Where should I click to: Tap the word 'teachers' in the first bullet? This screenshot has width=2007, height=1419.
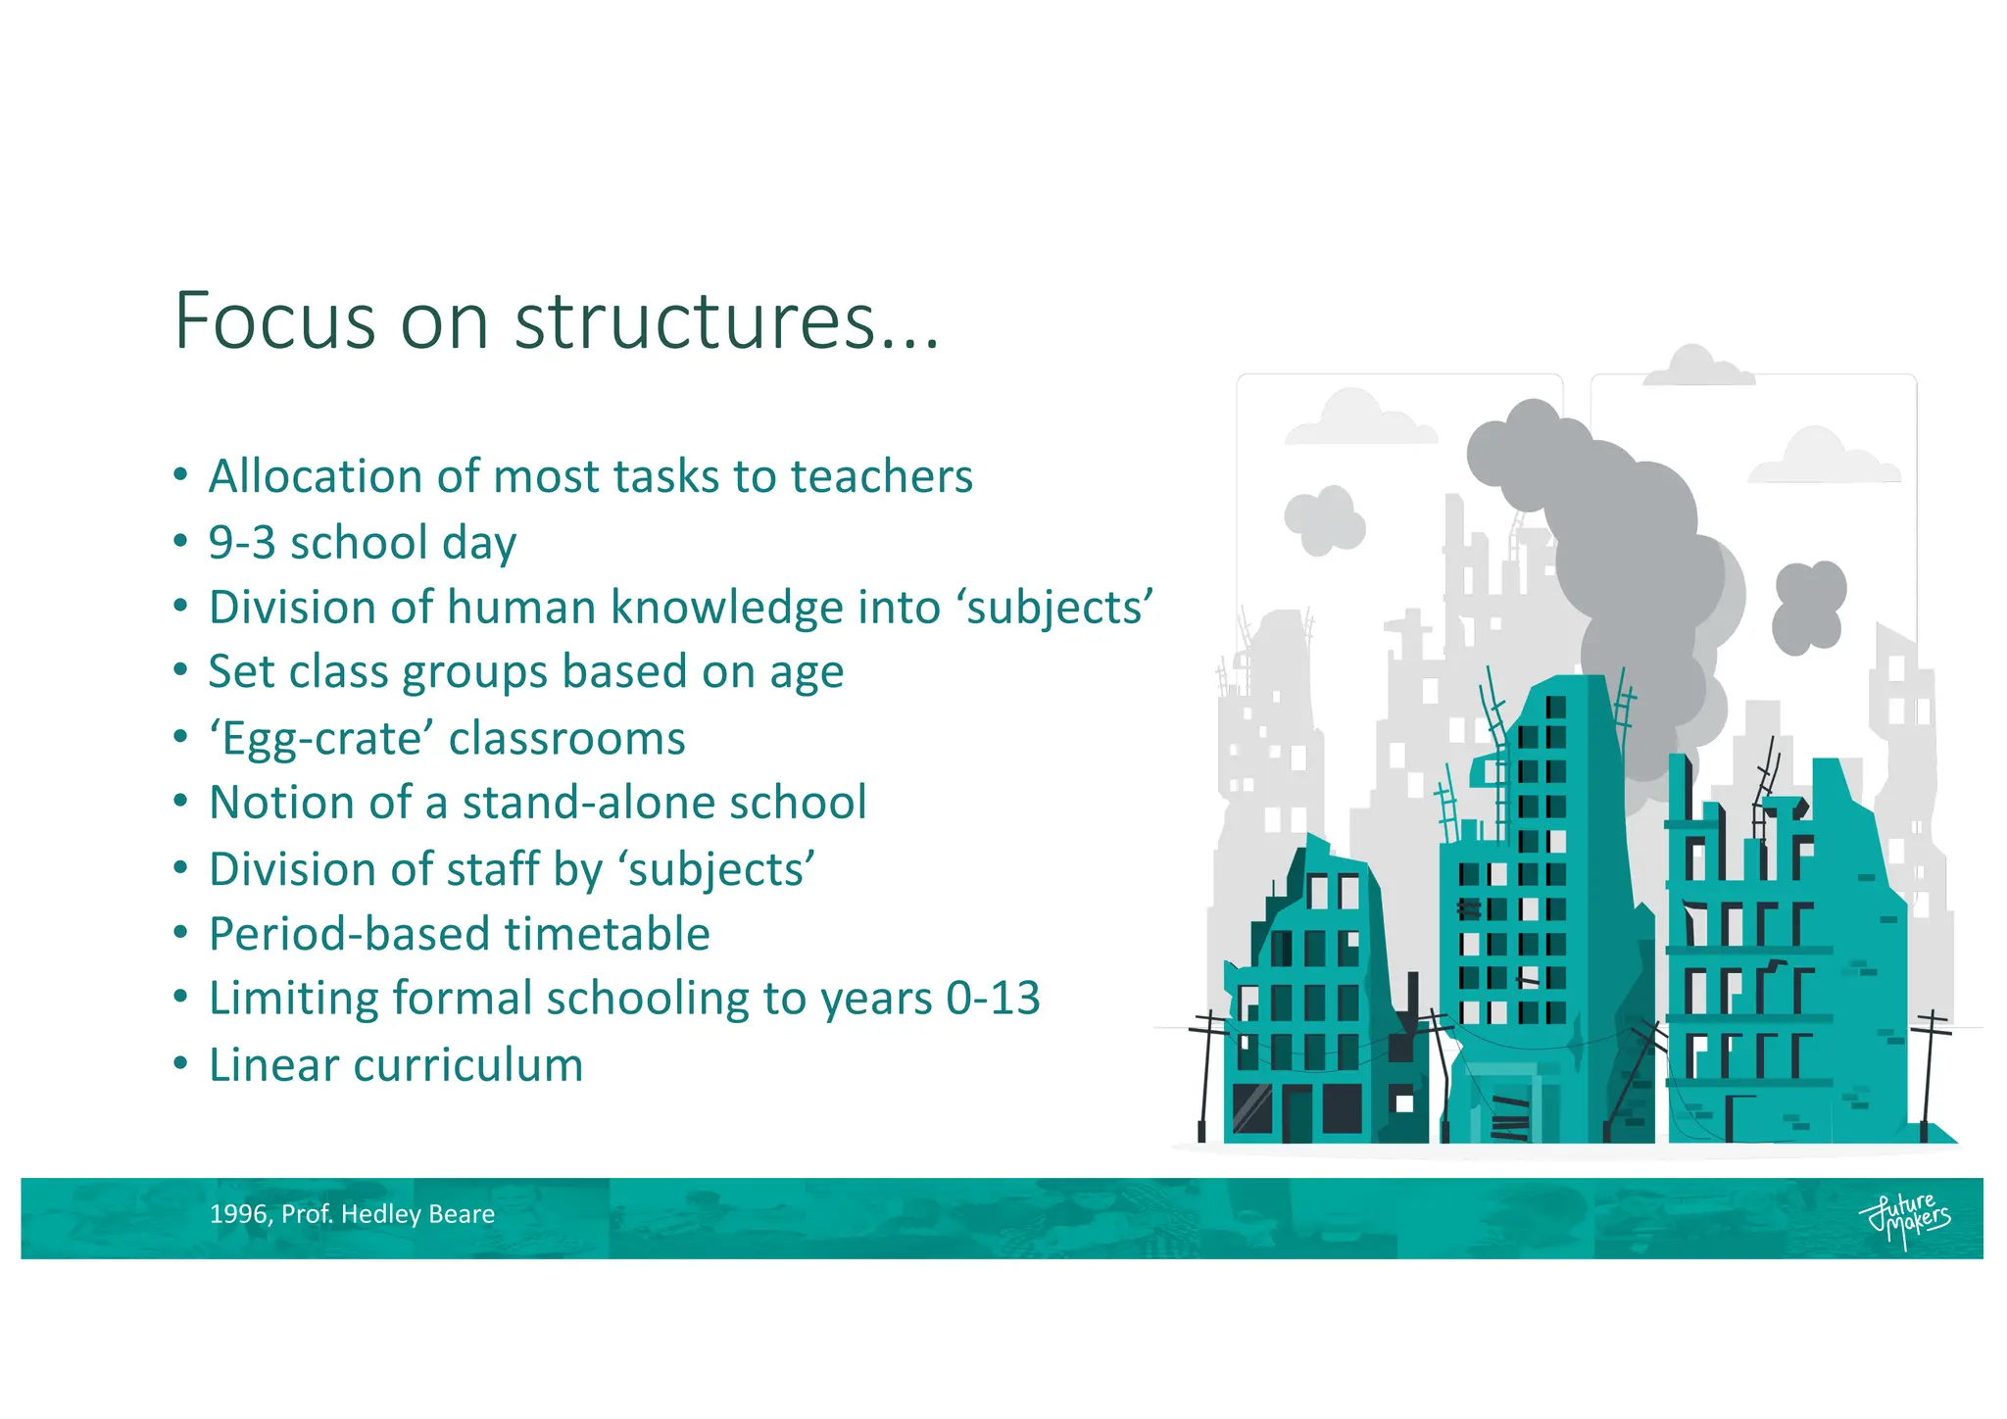pos(881,477)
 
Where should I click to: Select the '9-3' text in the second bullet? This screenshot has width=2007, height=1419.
pos(242,543)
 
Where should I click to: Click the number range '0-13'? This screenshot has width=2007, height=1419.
pos(993,999)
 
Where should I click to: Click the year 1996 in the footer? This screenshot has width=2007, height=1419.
pos(238,1214)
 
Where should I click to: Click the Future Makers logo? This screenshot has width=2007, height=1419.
pos(1903,1218)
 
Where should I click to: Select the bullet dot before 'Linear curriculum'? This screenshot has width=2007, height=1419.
pos(179,1064)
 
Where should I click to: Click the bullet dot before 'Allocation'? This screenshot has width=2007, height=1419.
pos(179,476)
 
